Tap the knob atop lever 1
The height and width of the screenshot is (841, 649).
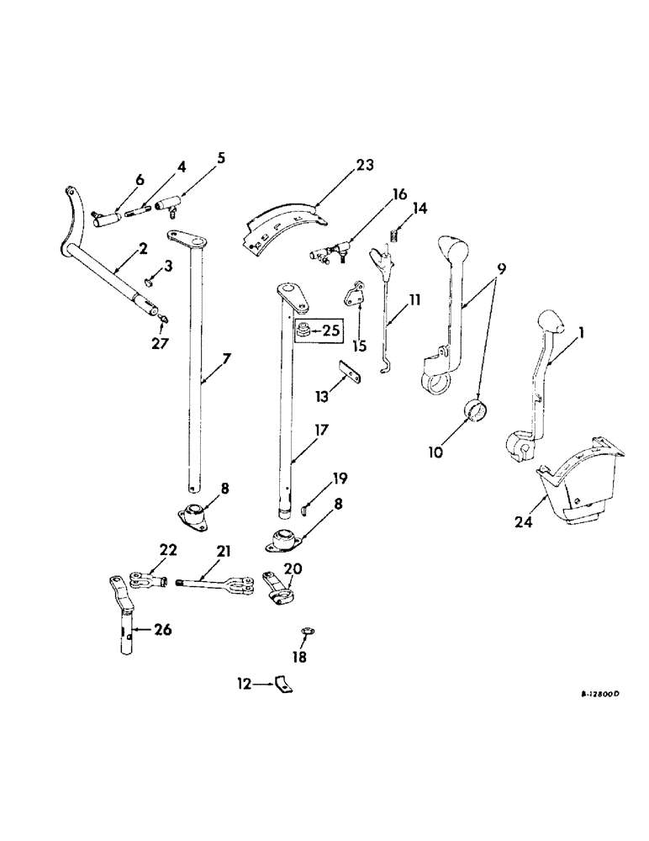point(547,323)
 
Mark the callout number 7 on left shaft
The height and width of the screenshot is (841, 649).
point(227,359)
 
